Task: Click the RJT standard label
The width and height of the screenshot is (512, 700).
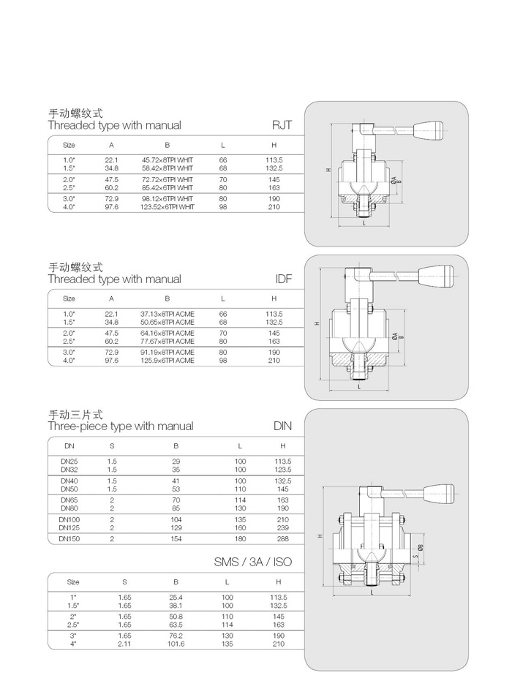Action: coord(282,125)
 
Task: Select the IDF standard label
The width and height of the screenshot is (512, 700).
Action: coord(284,279)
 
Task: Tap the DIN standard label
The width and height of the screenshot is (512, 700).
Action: coord(282,426)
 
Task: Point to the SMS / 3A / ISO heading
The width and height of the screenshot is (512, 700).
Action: coord(252,562)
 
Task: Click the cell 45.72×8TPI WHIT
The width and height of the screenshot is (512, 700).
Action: coord(167,159)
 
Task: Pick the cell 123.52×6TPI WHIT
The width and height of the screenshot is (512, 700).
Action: coord(167,207)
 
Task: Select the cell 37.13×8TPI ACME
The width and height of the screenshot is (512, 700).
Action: coord(167,313)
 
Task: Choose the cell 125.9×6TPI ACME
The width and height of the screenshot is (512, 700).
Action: coord(167,361)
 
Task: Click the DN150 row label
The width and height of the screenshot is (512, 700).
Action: coord(69,538)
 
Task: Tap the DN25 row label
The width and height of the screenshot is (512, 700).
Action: coord(69,462)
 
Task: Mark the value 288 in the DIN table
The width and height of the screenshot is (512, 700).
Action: coord(283,538)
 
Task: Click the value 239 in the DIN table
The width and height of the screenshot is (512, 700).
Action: coord(283,527)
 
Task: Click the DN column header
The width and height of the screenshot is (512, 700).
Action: coord(69,445)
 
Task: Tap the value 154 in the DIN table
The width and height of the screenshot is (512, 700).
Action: coord(176,538)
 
